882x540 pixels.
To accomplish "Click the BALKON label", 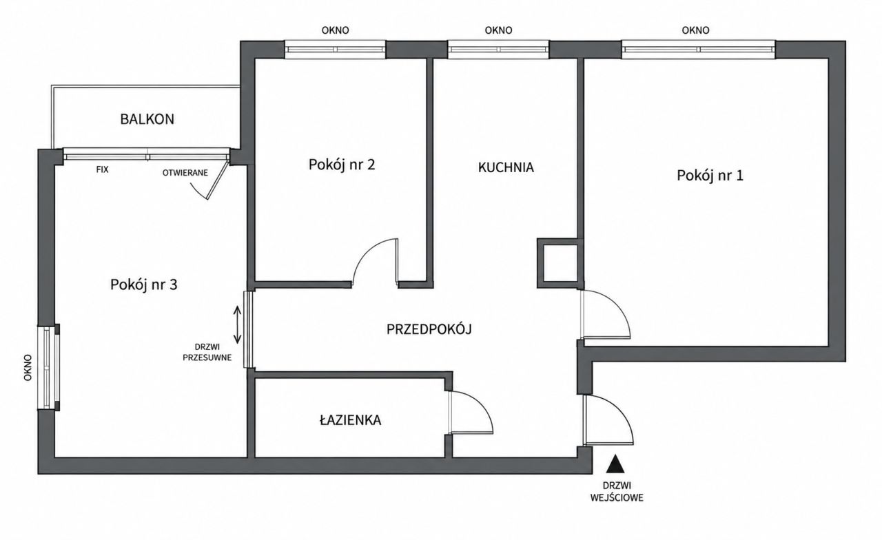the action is pos(147,119).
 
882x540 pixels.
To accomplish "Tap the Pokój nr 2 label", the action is pos(342,165).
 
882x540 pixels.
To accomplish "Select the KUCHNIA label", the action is pos(506,167).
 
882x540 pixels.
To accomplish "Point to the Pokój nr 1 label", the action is pos(710,175).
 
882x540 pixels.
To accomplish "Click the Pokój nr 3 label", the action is pos(144,284).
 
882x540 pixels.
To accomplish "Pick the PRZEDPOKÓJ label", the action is pos(429,329).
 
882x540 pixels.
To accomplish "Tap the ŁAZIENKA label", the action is pos(351,420).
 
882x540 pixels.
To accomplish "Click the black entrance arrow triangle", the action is pos(615,464).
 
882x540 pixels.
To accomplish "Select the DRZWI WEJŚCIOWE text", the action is pos(617,492).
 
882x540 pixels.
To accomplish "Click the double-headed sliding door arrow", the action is pos(237,325).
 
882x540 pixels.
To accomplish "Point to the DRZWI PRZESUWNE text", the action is pos(207,352).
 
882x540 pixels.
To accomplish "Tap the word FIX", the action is pos(103,169).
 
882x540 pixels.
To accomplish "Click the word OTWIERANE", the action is pos(185,173).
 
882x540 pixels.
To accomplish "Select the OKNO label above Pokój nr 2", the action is pos(335,30).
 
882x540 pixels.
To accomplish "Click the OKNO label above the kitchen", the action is pos(498,30).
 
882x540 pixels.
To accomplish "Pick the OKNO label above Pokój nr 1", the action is pos(696,30).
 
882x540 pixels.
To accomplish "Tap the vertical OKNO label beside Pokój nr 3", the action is pos(28,367).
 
